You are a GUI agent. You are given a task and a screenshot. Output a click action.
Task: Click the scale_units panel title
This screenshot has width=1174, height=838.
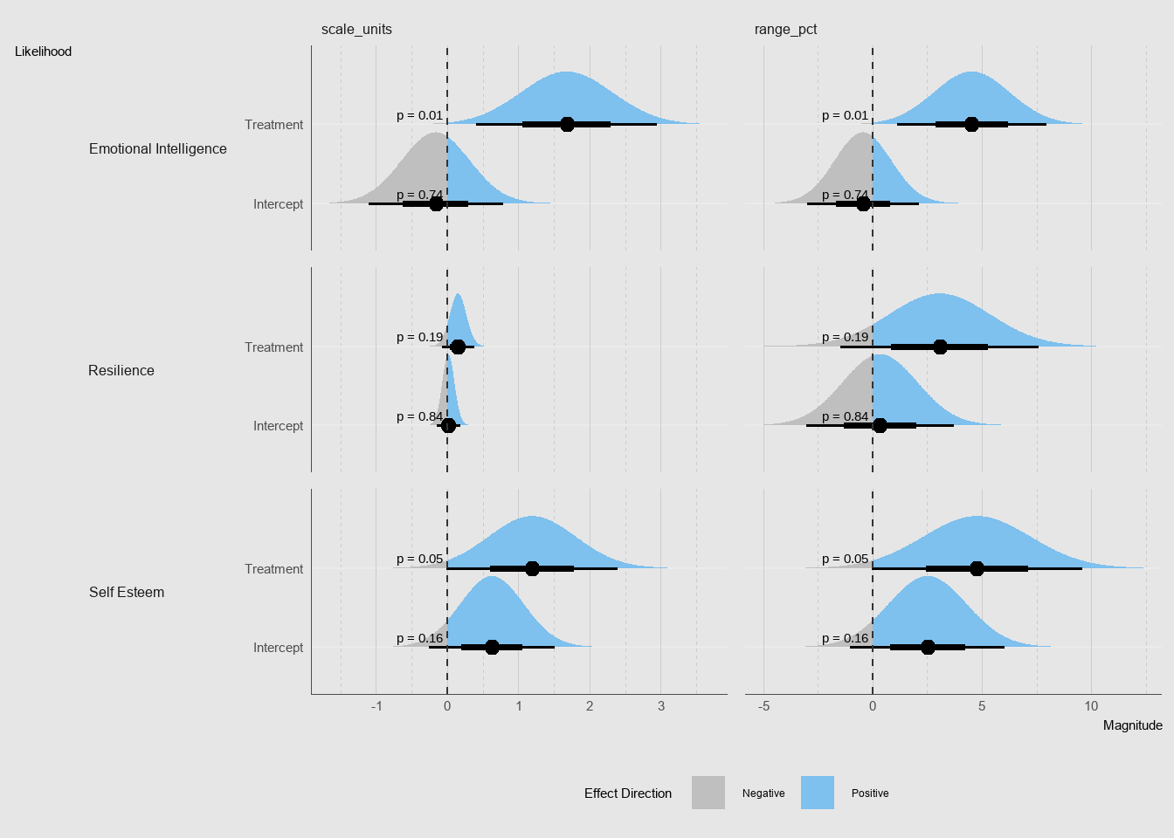click(x=356, y=30)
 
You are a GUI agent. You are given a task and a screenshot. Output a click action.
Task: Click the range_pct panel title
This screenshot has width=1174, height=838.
click(x=785, y=30)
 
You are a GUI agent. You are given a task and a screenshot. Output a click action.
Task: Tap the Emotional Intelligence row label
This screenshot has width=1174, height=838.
click(x=158, y=149)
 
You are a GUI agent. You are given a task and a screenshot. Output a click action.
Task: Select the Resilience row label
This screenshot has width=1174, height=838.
click(x=121, y=371)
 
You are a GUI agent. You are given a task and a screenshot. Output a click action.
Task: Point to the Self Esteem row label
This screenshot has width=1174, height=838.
click(x=127, y=593)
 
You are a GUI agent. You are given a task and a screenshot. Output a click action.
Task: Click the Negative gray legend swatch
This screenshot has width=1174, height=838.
click(x=708, y=793)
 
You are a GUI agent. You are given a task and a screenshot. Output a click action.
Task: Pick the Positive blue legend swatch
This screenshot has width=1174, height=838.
click(x=818, y=793)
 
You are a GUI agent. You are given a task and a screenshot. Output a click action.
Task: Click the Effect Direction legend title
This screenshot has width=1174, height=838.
click(x=628, y=793)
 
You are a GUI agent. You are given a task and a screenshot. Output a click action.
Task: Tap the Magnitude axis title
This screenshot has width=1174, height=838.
click(x=1132, y=725)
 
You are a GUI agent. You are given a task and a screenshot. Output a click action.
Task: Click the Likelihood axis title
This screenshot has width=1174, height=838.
click(x=44, y=52)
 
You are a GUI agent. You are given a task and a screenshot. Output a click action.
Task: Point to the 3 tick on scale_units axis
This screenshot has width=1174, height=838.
click(x=661, y=706)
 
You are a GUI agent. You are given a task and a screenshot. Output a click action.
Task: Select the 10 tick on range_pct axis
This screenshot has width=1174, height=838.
click(x=1091, y=706)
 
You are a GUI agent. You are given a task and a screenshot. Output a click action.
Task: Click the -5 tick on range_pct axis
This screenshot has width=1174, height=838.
click(x=764, y=706)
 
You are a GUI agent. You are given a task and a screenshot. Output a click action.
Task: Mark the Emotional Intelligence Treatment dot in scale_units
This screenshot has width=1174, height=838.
click(x=567, y=124)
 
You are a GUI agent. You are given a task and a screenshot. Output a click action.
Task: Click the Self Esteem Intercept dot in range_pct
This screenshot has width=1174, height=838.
click(x=928, y=647)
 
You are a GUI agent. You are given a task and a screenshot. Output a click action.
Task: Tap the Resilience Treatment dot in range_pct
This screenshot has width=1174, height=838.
click(x=940, y=347)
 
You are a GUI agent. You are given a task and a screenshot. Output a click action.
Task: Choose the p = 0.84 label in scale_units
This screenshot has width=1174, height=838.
click(x=419, y=416)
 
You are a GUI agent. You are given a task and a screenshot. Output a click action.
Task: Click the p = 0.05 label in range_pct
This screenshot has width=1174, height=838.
click(x=845, y=559)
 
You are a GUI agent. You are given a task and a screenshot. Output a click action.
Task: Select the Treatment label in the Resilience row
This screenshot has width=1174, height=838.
click(x=273, y=347)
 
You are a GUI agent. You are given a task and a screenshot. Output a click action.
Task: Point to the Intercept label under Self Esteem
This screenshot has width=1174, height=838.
click(x=278, y=648)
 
